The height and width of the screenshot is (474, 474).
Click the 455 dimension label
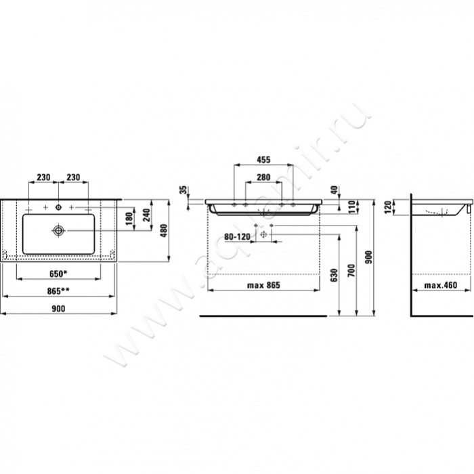263,160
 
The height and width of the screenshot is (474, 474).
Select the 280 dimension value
263,177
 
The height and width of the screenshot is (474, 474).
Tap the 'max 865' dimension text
263,285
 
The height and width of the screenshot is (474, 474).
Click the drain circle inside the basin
59,230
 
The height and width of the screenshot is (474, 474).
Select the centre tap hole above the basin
59,206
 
